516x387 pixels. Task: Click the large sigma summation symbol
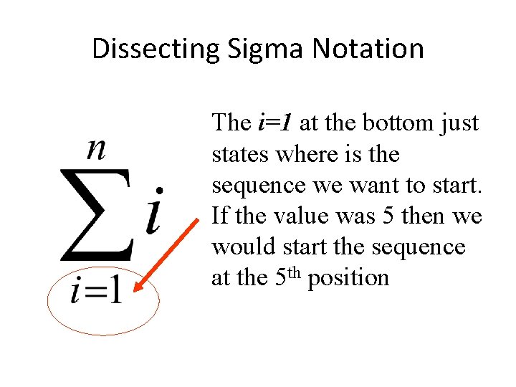(96, 215)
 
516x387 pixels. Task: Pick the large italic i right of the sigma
(153, 211)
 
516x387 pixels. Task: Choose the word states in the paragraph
(234, 154)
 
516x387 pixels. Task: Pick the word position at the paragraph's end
(348, 277)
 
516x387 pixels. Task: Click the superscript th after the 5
(295, 272)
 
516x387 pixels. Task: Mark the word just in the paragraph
(459, 123)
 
